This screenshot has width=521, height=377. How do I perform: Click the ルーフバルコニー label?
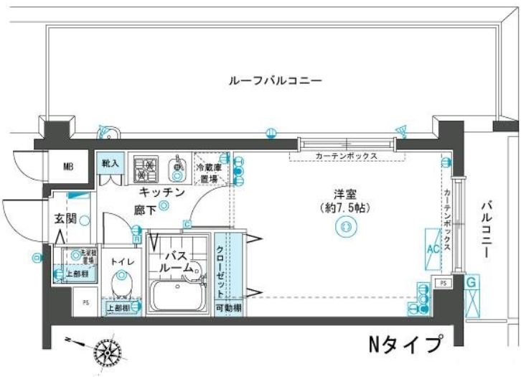click(x=275, y=80)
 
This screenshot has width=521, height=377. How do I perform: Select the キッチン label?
click(x=163, y=192)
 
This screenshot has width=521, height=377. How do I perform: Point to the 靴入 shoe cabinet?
click(x=111, y=164)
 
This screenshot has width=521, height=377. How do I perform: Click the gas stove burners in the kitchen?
click(x=146, y=169)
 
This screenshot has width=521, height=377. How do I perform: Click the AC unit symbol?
click(x=433, y=248)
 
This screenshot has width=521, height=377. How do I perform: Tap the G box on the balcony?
click(x=471, y=283)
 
